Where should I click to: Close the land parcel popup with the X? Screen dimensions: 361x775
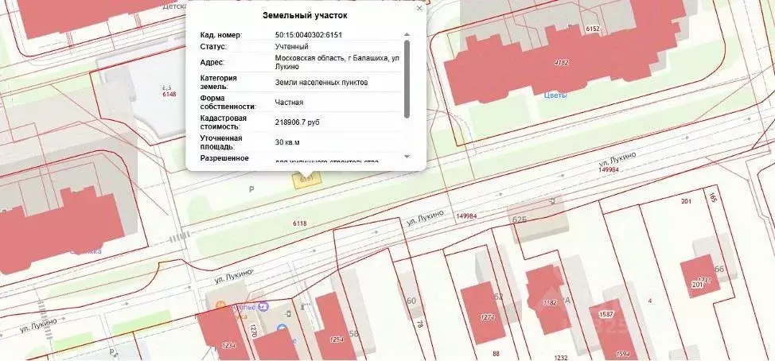coord(419,8)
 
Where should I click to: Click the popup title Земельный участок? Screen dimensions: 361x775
coord(305,15)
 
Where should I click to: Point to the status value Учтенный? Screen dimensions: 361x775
coord(291,47)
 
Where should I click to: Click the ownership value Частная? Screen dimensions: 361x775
coord(289,102)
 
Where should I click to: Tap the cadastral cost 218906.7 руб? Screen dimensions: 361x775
coord(298,122)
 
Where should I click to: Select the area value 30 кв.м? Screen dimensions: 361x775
coord(289,142)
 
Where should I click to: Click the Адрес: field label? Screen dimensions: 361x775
coord(212,63)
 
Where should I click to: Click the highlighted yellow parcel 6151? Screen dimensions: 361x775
coord(305,180)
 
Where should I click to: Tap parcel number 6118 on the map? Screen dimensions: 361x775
coord(300,224)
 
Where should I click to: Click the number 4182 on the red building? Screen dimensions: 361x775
coord(562,62)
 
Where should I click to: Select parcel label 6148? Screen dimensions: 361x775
coord(169,94)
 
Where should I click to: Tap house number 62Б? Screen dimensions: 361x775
coord(520,219)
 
